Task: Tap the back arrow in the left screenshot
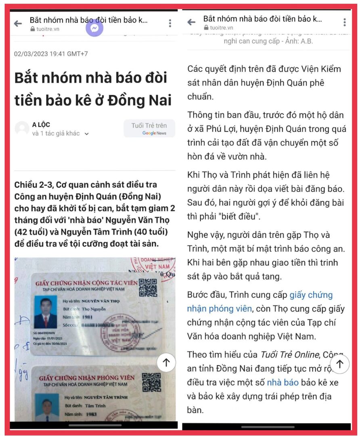(18, 23)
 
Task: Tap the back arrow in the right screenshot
(191, 22)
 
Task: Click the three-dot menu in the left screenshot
(170, 23)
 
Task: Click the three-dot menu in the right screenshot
(344, 22)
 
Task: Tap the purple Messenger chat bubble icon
(95, 28)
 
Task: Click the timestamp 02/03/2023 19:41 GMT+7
(51, 54)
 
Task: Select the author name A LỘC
(41, 124)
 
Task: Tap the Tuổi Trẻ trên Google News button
(149, 128)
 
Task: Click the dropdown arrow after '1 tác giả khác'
(87, 134)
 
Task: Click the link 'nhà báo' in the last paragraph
(283, 382)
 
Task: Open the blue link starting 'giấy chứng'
(311, 295)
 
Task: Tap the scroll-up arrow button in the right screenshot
(339, 364)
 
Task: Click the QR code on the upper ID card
(148, 287)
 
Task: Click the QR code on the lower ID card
(151, 382)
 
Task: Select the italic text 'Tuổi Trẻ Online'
(289, 354)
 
